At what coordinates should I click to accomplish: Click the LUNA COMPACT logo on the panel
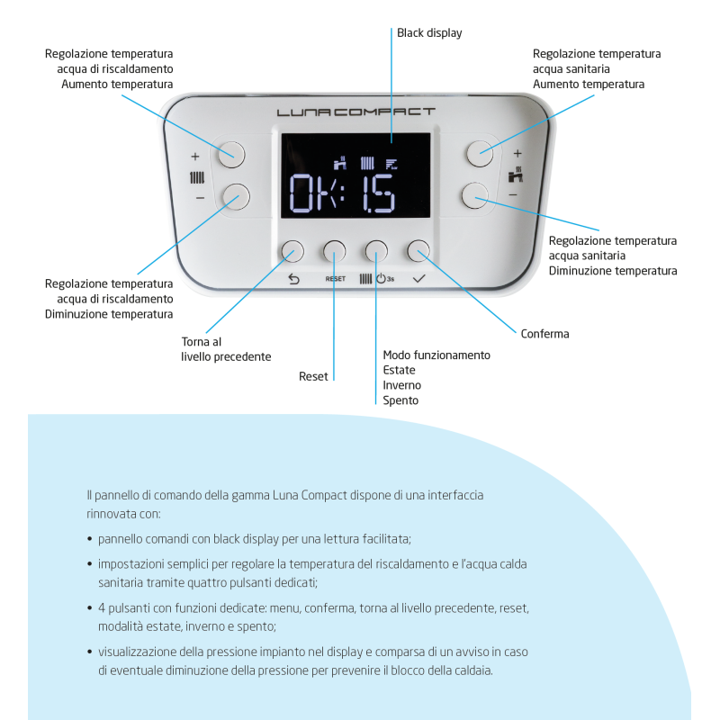click(x=355, y=113)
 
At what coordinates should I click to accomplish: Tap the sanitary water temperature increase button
click(x=479, y=153)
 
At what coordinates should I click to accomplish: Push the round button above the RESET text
click(x=335, y=251)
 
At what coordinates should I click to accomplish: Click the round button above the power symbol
click(x=376, y=251)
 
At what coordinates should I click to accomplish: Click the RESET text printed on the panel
click(x=336, y=280)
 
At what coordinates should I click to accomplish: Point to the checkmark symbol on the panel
click(x=418, y=279)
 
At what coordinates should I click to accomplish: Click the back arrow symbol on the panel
click(x=292, y=279)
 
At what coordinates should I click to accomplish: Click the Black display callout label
click(x=430, y=33)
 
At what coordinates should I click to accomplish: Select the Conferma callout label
click(x=544, y=334)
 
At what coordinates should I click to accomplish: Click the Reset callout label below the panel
click(x=313, y=376)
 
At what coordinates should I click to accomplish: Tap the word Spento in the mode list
click(x=400, y=400)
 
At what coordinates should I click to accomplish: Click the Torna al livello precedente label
click(x=226, y=349)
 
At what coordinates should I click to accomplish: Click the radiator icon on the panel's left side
click(x=198, y=176)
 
